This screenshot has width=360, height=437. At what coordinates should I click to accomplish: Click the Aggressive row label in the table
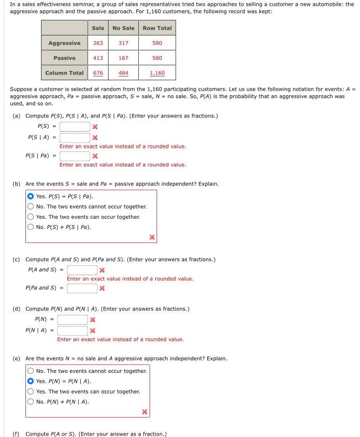coord(64,43)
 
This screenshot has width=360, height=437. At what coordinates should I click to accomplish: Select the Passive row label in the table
coord(64,58)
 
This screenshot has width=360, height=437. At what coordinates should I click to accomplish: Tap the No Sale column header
coord(123,28)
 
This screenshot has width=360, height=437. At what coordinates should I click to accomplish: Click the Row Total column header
coord(157,28)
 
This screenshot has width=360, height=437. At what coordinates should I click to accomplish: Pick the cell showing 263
coord(98,43)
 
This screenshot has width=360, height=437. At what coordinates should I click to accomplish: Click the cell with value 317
coord(123,43)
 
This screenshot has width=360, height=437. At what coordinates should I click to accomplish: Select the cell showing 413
coord(98,58)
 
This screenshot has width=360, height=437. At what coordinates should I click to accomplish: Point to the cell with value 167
coord(123,58)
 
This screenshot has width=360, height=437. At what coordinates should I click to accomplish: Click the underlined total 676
coord(98,73)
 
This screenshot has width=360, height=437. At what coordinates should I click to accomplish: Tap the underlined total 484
coord(123,73)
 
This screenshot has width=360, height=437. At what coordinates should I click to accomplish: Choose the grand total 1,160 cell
coord(157,73)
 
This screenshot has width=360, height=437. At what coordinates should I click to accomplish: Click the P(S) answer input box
coord(75,126)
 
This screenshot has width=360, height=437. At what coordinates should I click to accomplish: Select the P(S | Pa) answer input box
coord(75,156)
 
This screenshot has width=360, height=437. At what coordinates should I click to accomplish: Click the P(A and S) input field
coord(82,270)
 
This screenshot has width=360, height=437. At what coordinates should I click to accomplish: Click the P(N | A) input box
coord(73,330)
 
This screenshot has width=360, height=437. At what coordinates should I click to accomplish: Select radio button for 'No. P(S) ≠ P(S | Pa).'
coord(31,227)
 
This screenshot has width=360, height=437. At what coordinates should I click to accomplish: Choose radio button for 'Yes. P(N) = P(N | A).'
coord(31,381)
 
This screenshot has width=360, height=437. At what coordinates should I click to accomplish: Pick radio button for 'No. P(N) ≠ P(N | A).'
coord(31,402)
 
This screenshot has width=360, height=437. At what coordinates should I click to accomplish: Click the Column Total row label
coord(64,73)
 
